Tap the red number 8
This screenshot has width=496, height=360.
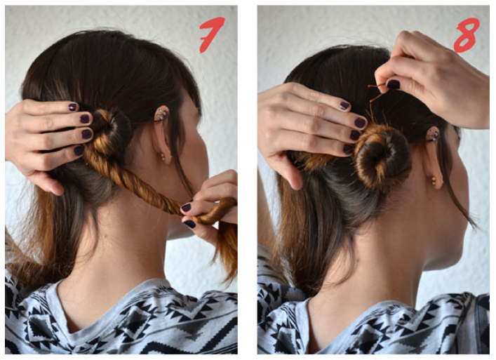pyautogui.click(x=466, y=34)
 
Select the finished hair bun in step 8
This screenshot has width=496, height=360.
pyautogui.click(x=382, y=157)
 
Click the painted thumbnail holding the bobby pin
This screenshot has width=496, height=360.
pyautogui.click(x=394, y=84)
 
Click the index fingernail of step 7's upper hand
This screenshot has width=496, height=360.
pyautogui.click(x=72, y=107)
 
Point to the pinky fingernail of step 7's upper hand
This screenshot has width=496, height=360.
pyautogui.click(x=79, y=150)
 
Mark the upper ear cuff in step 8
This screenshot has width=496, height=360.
pyautogui.click(x=433, y=135)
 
